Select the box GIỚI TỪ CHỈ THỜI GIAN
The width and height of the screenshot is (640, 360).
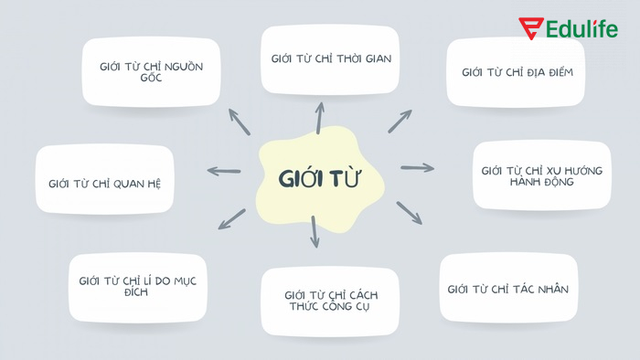click(330, 59)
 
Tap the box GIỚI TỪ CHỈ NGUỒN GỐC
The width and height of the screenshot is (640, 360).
click(151, 72)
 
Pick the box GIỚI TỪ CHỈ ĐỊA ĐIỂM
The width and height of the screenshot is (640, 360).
click(517, 72)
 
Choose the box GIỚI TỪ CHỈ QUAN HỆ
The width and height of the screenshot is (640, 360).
click(104, 183)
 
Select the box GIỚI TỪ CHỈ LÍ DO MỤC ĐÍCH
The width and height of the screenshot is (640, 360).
click(137, 287)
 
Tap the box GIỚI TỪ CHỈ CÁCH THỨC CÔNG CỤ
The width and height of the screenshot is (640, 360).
click(330, 301)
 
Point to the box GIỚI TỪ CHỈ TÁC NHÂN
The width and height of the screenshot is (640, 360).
click(507, 289)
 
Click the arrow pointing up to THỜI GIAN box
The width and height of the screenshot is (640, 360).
click(319, 118)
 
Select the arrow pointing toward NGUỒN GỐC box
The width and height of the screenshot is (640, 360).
click(239, 122)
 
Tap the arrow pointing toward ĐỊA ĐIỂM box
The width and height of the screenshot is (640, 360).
click(400, 122)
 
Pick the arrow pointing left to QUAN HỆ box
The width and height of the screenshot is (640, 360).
click(224, 171)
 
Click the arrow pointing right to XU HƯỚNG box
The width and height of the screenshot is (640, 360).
click(417, 167)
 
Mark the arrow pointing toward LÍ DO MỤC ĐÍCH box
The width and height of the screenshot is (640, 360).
click(232, 218)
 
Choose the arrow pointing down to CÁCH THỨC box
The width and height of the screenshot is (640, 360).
click(315, 232)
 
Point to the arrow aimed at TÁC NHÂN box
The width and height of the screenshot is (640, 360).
click(409, 213)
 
